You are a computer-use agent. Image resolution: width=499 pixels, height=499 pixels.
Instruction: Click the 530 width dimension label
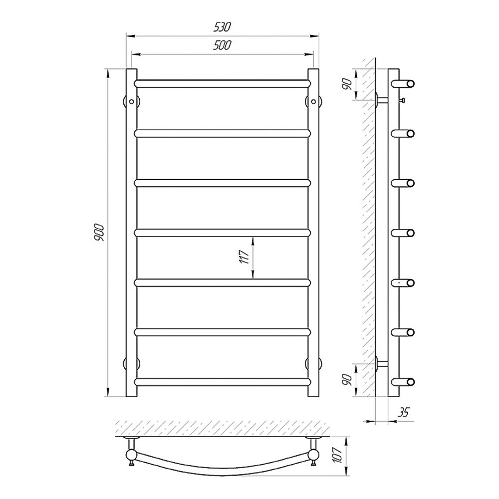[x=222, y=27]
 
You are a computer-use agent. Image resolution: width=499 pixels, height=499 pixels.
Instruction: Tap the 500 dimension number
[x=222, y=45]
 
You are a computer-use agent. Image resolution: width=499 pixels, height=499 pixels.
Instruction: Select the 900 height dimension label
[x=99, y=232]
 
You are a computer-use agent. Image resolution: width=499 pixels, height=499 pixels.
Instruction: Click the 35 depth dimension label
[x=403, y=413]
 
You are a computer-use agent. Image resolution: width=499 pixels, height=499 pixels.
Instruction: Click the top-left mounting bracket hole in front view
[x=131, y=101]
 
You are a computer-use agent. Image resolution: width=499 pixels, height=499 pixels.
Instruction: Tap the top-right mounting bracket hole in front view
[x=313, y=101]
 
